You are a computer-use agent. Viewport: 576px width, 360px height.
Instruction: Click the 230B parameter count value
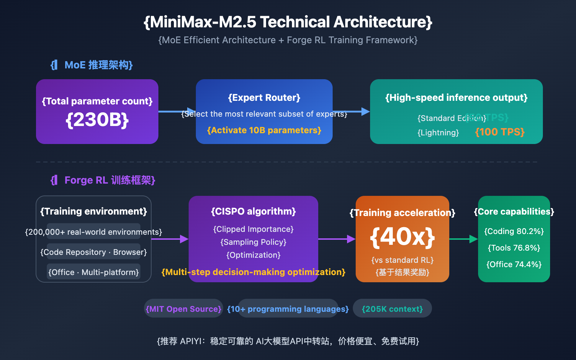point(97,120)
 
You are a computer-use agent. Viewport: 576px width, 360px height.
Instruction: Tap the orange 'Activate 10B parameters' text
point(264,130)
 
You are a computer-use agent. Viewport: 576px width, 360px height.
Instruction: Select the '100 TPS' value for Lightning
point(500,132)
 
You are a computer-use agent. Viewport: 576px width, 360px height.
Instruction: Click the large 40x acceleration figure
point(402,237)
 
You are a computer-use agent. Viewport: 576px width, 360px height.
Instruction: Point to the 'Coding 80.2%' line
point(514,231)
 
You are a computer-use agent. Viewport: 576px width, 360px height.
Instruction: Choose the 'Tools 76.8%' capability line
point(514,248)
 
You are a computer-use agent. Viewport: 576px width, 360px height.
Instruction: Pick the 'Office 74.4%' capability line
point(514,264)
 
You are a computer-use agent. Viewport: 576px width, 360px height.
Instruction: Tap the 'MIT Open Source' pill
point(184,309)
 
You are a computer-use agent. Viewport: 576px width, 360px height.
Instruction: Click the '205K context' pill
point(392,309)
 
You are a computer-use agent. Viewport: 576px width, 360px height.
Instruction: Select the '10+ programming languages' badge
point(288,309)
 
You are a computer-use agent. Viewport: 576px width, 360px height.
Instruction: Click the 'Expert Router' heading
point(264,98)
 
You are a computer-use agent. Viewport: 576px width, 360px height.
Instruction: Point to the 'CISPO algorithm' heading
point(253,211)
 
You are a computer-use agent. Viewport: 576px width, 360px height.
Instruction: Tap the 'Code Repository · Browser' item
point(94,252)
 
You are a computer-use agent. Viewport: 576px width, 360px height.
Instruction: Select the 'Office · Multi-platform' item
point(94,272)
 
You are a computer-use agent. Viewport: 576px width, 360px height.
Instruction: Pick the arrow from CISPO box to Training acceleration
point(337,239)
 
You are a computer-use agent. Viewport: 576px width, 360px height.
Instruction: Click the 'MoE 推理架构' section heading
point(92,65)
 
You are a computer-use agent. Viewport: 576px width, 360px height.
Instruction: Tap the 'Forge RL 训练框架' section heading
point(103,180)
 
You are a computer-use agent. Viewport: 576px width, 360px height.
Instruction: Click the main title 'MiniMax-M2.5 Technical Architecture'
point(288,22)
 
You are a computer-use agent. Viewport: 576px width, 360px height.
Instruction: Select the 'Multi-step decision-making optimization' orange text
point(253,272)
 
